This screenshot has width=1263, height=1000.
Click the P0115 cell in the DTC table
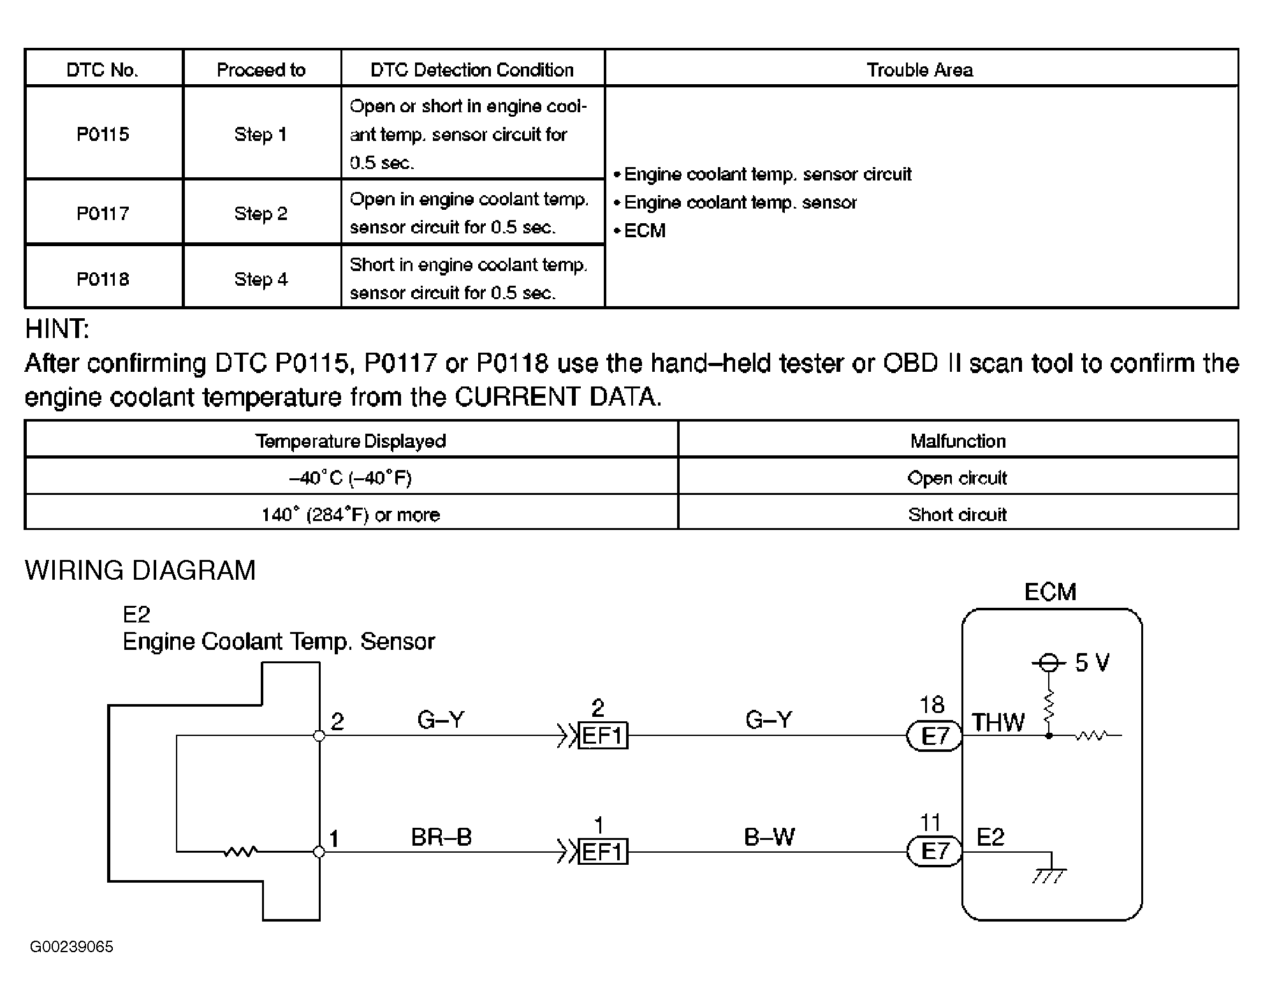(x=103, y=134)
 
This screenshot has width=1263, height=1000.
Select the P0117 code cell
(x=103, y=212)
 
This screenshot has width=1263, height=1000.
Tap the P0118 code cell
(x=103, y=279)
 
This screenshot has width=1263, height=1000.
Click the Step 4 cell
(x=261, y=279)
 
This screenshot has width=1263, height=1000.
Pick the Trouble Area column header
(x=919, y=70)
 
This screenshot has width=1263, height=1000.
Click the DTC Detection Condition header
(x=472, y=70)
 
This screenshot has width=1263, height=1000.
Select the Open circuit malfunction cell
(x=957, y=478)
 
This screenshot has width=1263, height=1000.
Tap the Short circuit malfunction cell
(x=957, y=514)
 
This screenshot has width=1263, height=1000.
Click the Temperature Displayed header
(x=350, y=441)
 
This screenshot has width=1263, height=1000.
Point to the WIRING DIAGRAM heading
(x=140, y=570)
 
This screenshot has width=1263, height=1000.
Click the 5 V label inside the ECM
(x=1091, y=663)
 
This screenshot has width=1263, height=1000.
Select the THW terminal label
(x=997, y=723)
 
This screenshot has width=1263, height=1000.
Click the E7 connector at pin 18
(x=935, y=737)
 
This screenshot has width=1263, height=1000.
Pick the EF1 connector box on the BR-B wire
(x=602, y=852)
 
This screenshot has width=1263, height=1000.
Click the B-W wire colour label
(x=769, y=837)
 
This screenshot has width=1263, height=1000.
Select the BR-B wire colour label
(x=441, y=837)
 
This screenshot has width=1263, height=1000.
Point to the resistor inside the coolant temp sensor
(x=240, y=851)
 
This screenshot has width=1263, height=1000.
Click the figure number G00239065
(x=71, y=946)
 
